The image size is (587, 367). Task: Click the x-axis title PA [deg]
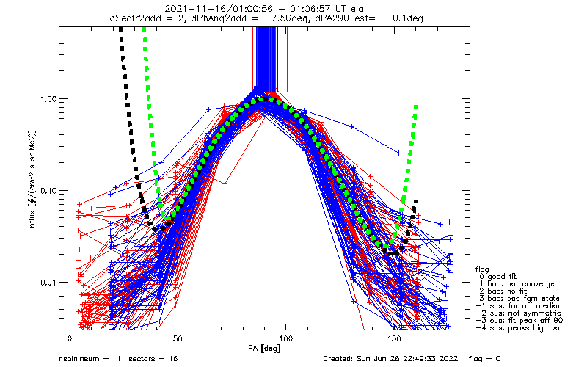point(265,348)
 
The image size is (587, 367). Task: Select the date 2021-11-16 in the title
point(191,7)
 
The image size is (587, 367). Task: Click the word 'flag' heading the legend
point(482,268)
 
